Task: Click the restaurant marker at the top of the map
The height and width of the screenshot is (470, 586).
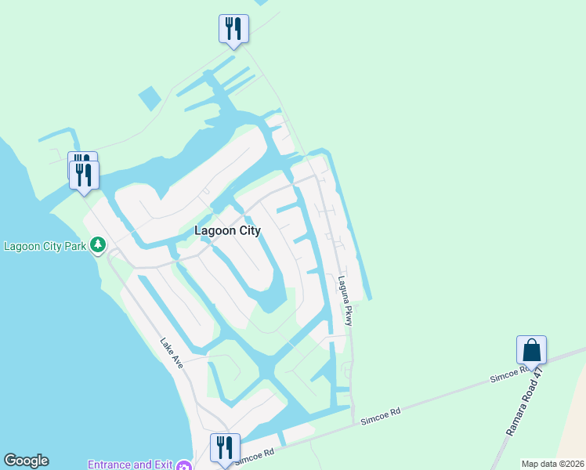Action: [x=233, y=29]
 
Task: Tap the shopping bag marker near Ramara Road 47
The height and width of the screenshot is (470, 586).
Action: [x=531, y=350]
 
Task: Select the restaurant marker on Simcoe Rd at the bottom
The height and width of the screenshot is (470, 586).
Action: [x=225, y=449]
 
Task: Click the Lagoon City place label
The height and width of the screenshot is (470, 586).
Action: [x=227, y=231]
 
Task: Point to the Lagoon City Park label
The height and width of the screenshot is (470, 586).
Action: [x=44, y=246]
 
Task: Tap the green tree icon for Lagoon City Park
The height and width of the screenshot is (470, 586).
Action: [x=98, y=246]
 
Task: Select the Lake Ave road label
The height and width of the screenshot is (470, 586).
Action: [x=172, y=353]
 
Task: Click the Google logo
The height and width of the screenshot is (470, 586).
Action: [x=26, y=461]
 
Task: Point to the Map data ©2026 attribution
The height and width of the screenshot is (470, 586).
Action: [x=552, y=464]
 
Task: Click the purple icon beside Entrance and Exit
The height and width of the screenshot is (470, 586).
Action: [x=185, y=465]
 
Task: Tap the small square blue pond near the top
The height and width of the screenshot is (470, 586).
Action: [x=149, y=98]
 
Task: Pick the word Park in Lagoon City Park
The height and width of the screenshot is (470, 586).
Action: [x=74, y=246]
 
